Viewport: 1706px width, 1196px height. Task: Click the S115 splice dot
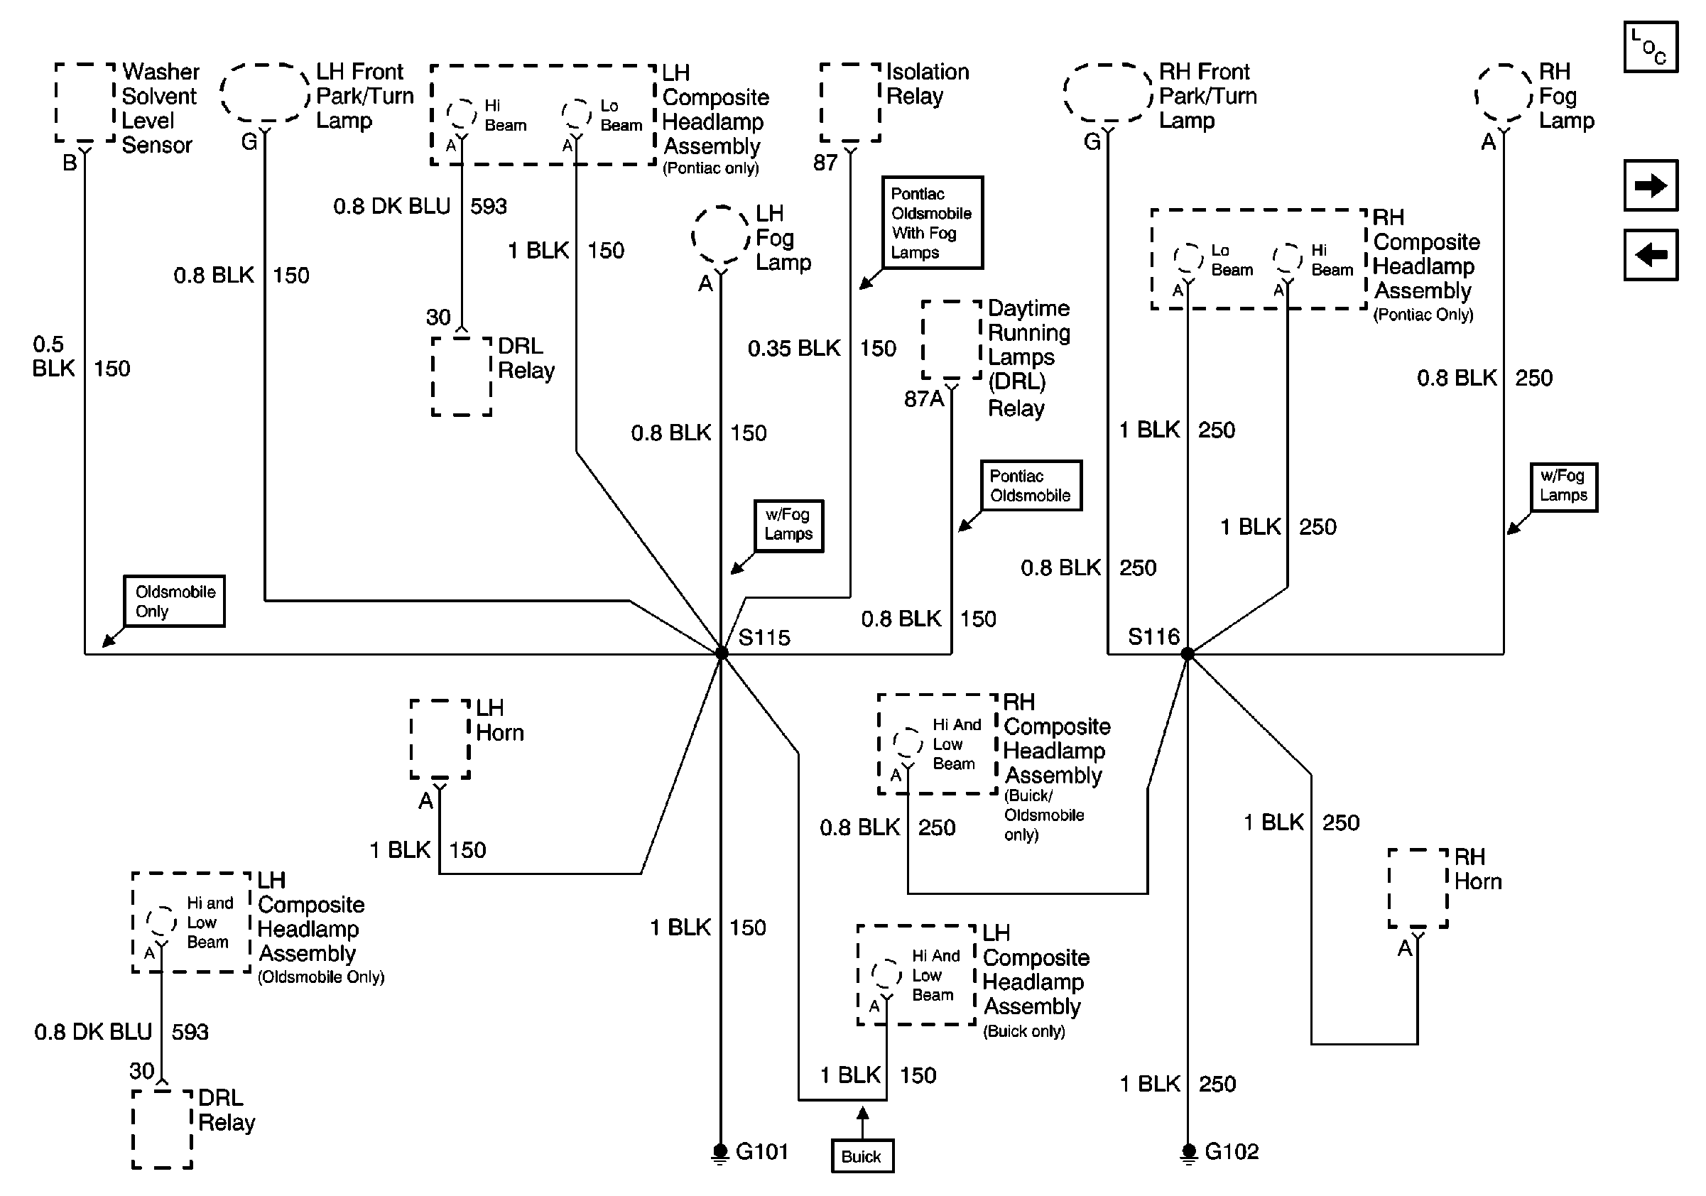721,653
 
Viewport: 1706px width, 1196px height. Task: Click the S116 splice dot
1188,653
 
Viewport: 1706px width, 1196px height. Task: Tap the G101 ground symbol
720,1153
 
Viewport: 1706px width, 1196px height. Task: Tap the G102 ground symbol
1188,1153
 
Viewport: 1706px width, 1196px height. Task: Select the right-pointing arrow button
1651,185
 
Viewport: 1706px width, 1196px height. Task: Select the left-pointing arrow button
1651,255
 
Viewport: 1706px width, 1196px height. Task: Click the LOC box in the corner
1651,47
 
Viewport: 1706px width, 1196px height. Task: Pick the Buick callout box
862,1156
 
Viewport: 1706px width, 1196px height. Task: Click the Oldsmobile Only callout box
174,601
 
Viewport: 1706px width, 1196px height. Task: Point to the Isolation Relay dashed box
850,102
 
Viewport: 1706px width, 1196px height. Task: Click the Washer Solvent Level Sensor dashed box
85,102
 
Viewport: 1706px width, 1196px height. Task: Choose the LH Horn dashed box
440,739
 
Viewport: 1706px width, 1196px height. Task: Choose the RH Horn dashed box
1418,888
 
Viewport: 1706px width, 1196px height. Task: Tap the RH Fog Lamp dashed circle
1504,94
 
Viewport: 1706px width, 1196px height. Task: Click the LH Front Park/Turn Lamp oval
264,93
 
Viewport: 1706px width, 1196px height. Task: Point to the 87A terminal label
923,399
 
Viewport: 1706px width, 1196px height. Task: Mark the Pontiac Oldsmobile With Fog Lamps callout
932,223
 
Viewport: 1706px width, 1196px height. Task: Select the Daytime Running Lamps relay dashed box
952,340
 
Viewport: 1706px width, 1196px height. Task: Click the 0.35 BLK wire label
793,349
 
